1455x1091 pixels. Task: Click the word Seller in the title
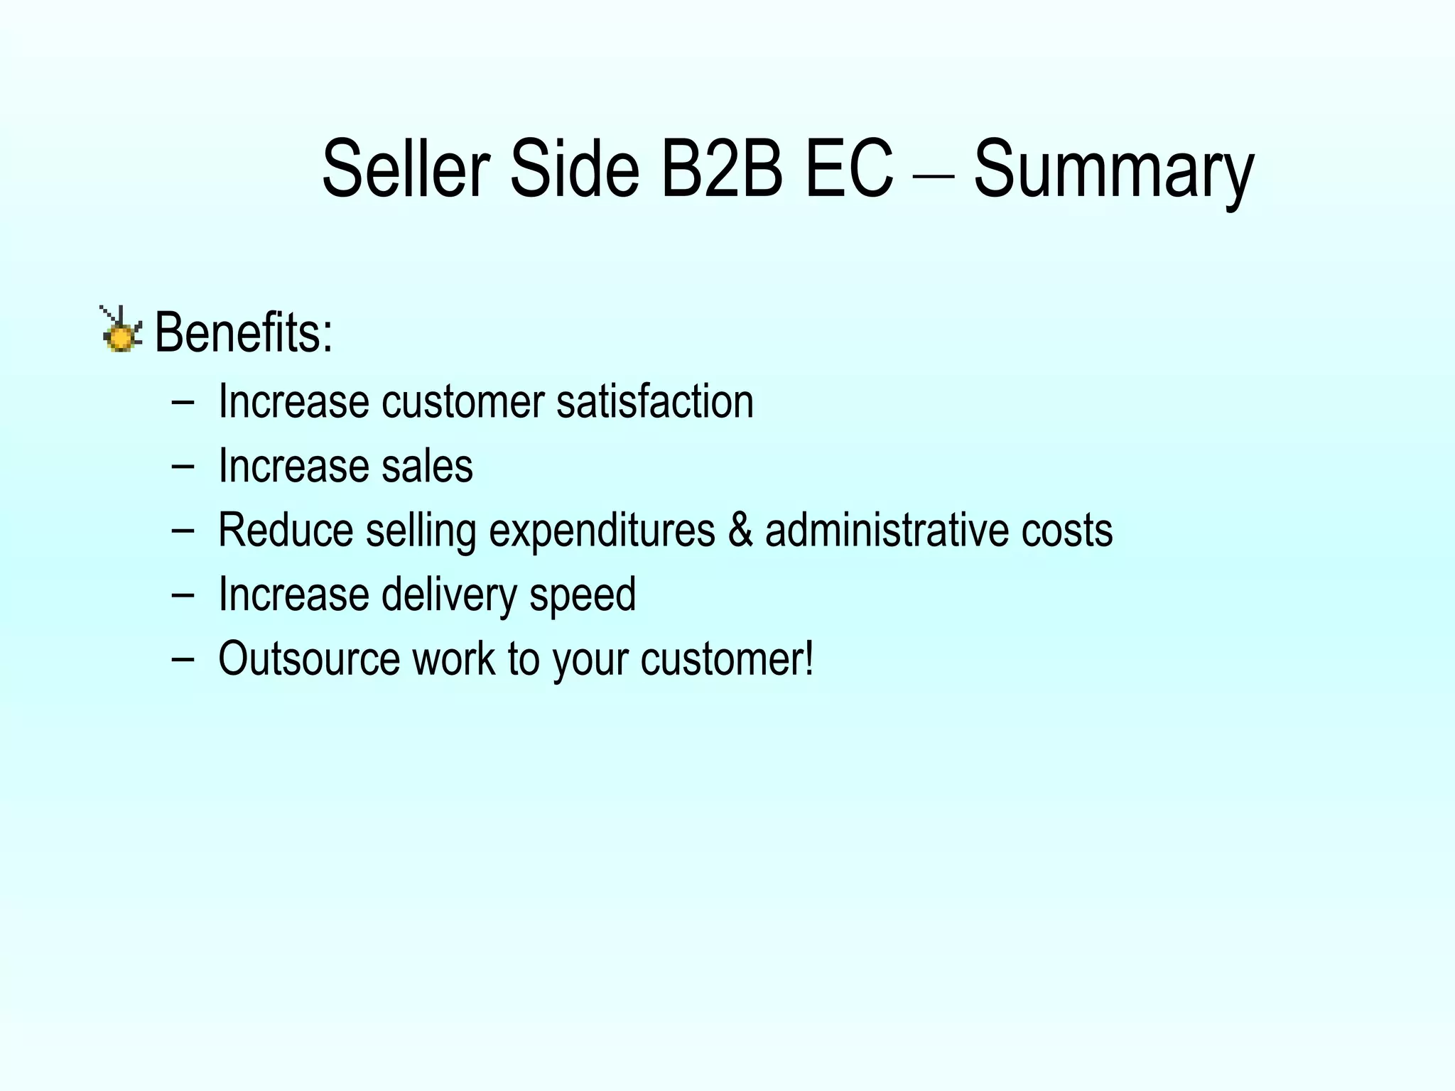406,169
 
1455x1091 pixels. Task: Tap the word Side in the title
574,169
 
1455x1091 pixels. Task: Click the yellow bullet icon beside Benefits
121,331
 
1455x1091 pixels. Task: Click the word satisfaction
654,401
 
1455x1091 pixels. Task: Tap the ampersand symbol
740,530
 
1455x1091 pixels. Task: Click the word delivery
448,595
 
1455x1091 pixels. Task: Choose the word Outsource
309,658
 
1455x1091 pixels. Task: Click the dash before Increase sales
183,466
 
